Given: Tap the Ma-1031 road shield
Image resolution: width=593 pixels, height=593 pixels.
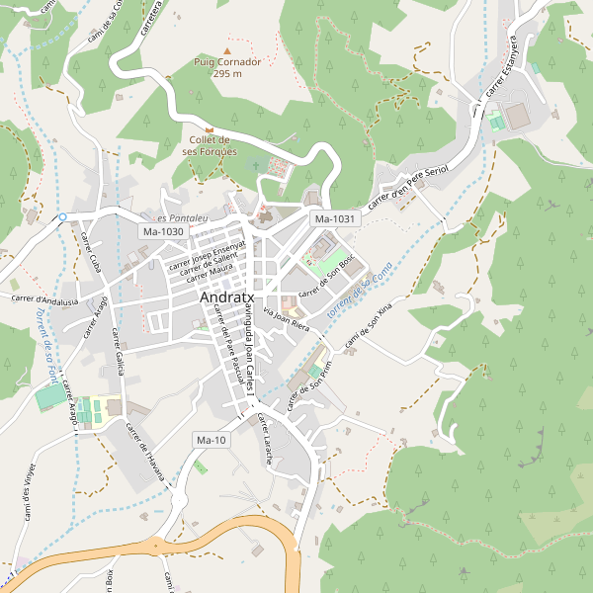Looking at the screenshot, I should tap(333, 218).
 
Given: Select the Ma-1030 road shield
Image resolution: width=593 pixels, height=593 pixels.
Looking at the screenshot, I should tap(163, 231).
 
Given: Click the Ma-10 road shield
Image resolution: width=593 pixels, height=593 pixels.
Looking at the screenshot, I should tap(212, 440).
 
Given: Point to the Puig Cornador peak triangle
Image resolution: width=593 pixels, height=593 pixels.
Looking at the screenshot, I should tap(228, 50).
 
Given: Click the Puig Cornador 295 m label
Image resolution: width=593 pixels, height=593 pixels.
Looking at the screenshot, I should tap(227, 67).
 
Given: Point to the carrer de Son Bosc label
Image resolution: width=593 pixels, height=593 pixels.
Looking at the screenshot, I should tap(327, 279).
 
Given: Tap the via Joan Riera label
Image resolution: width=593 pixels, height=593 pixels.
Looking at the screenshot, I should tap(287, 317).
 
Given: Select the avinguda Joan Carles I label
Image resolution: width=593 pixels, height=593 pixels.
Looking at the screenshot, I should tap(251, 351).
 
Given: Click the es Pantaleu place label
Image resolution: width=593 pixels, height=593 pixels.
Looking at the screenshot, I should tap(181, 217).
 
